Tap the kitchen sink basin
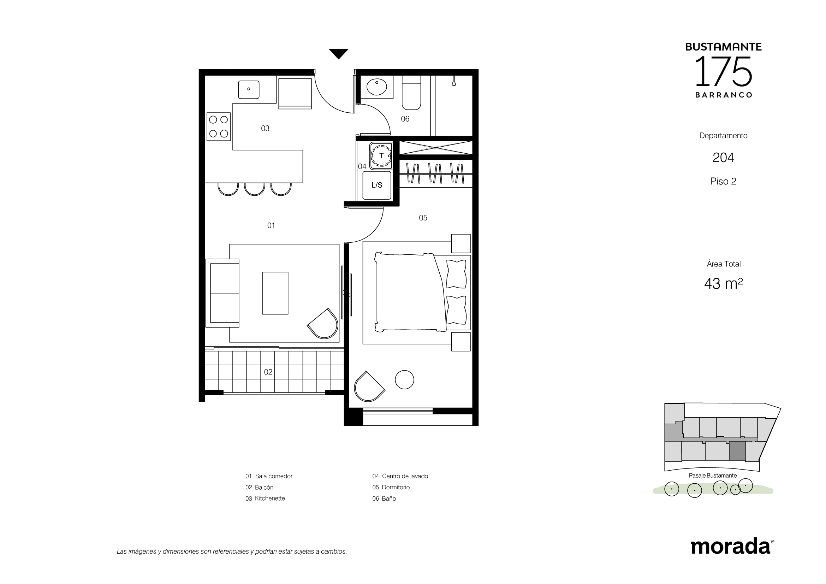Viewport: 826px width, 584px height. click(249, 90)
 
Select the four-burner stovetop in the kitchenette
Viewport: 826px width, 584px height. click(218, 127)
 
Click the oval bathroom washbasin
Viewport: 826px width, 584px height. click(377, 87)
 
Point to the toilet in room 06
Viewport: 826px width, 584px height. click(411, 93)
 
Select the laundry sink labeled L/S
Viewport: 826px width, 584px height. click(377, 185)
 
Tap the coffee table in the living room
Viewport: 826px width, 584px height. click(275, 293)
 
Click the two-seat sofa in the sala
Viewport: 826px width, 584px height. click(222, 293)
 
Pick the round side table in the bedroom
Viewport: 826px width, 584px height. click(404, 380)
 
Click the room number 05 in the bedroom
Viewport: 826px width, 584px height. click(423, 218)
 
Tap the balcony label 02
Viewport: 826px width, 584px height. click(268, 372)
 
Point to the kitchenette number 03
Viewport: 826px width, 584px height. click(265, 129)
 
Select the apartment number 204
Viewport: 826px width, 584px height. click(723, 158)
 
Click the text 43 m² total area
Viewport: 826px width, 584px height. click(723, 284)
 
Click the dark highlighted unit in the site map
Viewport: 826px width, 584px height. click(737, 451)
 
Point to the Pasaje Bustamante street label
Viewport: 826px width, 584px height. click(713, 475)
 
